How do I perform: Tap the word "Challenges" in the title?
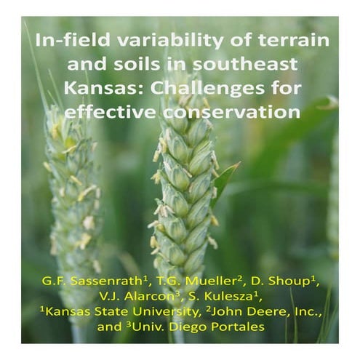click(x=192, y=89)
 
